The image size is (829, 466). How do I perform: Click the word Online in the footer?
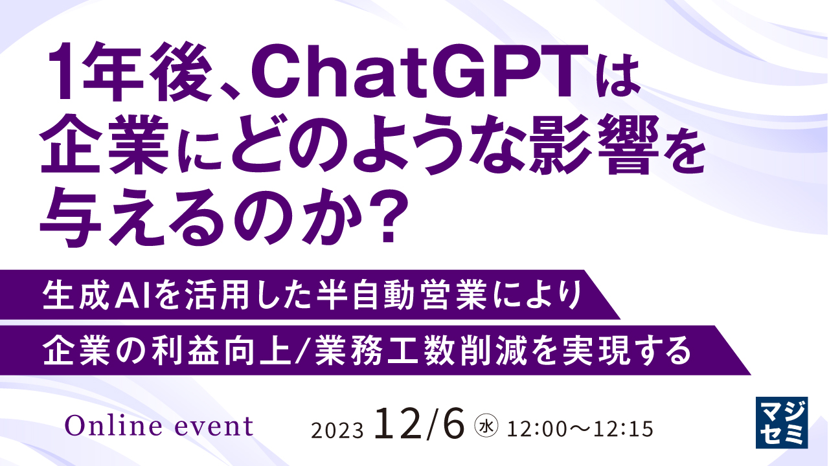[x=111, y=426]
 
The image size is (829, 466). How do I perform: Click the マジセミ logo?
[x=782, y=421]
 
